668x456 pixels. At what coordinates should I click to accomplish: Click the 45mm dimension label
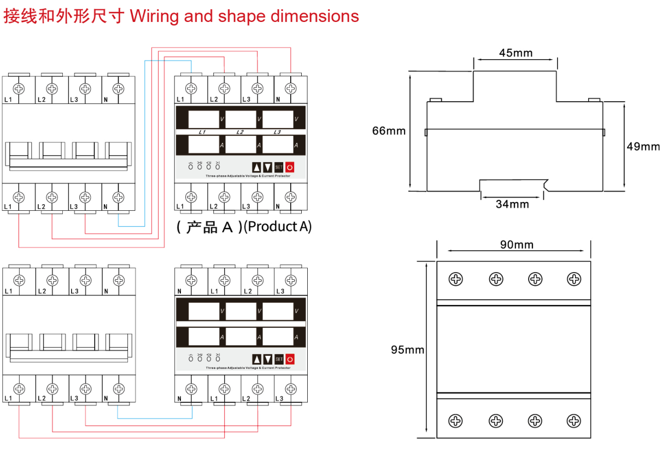click(x=515, y=53)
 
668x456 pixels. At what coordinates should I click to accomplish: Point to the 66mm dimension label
click(x=389, y=131)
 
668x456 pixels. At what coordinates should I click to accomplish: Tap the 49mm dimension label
click(x=643, y=146)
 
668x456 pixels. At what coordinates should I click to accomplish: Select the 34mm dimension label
click(x=512, y=204)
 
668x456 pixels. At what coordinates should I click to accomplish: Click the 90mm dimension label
click(x=517, y=245)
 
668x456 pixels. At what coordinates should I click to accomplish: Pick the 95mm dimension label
click(x=407, y=350)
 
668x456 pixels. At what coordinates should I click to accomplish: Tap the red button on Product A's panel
click(x=290, y=168)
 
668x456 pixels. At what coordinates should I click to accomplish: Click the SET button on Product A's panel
click(x=279, y=168)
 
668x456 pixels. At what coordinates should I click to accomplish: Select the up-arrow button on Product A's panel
click(x=256, y=168)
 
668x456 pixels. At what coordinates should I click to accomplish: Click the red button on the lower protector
click(x=290, y=359)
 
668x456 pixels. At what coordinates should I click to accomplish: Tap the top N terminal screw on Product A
click(x=291, y=88)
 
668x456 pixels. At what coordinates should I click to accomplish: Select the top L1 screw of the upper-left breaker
click(x=19, y=88)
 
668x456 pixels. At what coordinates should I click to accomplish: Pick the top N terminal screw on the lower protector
click(x=191, y=280)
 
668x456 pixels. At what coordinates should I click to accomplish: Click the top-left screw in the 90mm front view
click(x=455, y=279)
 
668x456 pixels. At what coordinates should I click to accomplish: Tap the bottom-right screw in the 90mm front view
click(x=574, y=421)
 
